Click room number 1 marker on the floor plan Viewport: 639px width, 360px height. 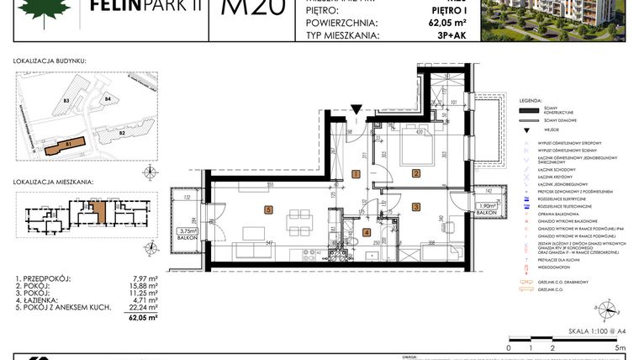(356, 174)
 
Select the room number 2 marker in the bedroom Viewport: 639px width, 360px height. (415, 174)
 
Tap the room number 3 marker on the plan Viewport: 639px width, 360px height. (415, 206)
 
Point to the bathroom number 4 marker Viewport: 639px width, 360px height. (366, 232)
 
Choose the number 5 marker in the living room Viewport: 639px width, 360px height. (267, 209)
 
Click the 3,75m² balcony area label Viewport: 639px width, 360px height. (187, 230)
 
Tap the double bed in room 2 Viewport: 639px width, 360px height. (409, 151)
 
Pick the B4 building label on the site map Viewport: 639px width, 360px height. (108, 99)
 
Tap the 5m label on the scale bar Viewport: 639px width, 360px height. (621, 347)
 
